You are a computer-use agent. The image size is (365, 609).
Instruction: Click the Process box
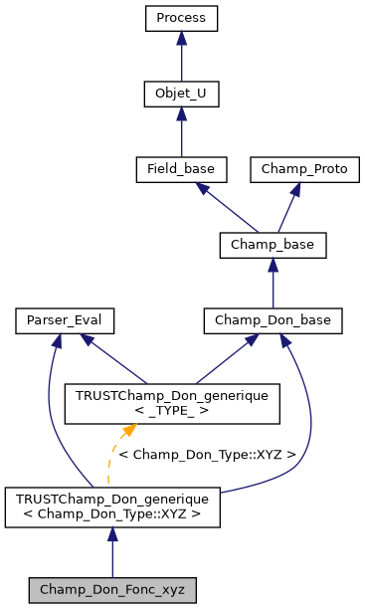point(180,18)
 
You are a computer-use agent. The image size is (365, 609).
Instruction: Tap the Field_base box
point(180,169)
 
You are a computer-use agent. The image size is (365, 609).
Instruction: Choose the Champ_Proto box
point(304,169)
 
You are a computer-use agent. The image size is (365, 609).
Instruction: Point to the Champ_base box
point(273,245)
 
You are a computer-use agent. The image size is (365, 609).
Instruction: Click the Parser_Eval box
point(65,320)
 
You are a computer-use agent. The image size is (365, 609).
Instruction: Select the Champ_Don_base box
point(273,320)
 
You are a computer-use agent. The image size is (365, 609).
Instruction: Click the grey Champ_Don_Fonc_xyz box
point(112,589)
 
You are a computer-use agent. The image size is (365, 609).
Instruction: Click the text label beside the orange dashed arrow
point(207,454)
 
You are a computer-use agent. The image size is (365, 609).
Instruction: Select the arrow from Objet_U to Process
point(180,56)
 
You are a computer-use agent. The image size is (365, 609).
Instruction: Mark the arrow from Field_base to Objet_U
point(180,131)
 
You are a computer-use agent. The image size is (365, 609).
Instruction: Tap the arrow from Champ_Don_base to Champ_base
point(273,283)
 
